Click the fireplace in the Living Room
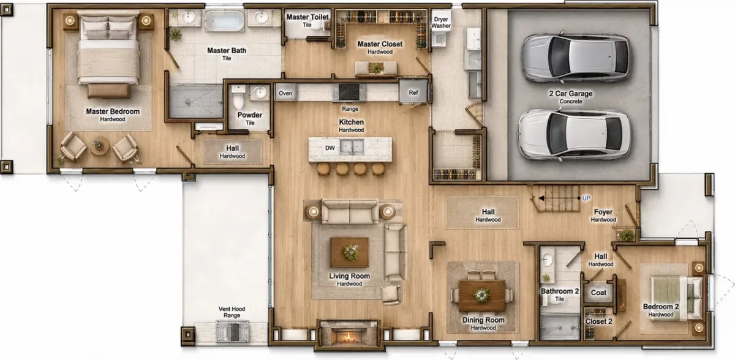[x=348, y=335]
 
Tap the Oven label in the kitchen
[x=285, y=93]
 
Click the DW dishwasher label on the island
[x=330, y=148]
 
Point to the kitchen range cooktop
[x=349, y=92]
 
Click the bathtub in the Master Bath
[x=224, y=20]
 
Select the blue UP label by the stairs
[x=586, y=198]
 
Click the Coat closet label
[x=598, y=293]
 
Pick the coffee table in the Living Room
[x=350, y=252]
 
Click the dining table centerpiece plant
[x=481, y=295]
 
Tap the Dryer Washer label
[x=440, y=22]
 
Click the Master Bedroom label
[x=113, y=111]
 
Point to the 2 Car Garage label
[x=571, y=94]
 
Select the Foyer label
[x=603, y=212]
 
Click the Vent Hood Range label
[x=232, y=312]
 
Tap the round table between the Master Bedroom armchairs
[x=99, y=146]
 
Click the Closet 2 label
[x=598, y=321]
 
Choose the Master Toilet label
[x=307, y=17]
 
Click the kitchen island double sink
[x=352, y=146]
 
